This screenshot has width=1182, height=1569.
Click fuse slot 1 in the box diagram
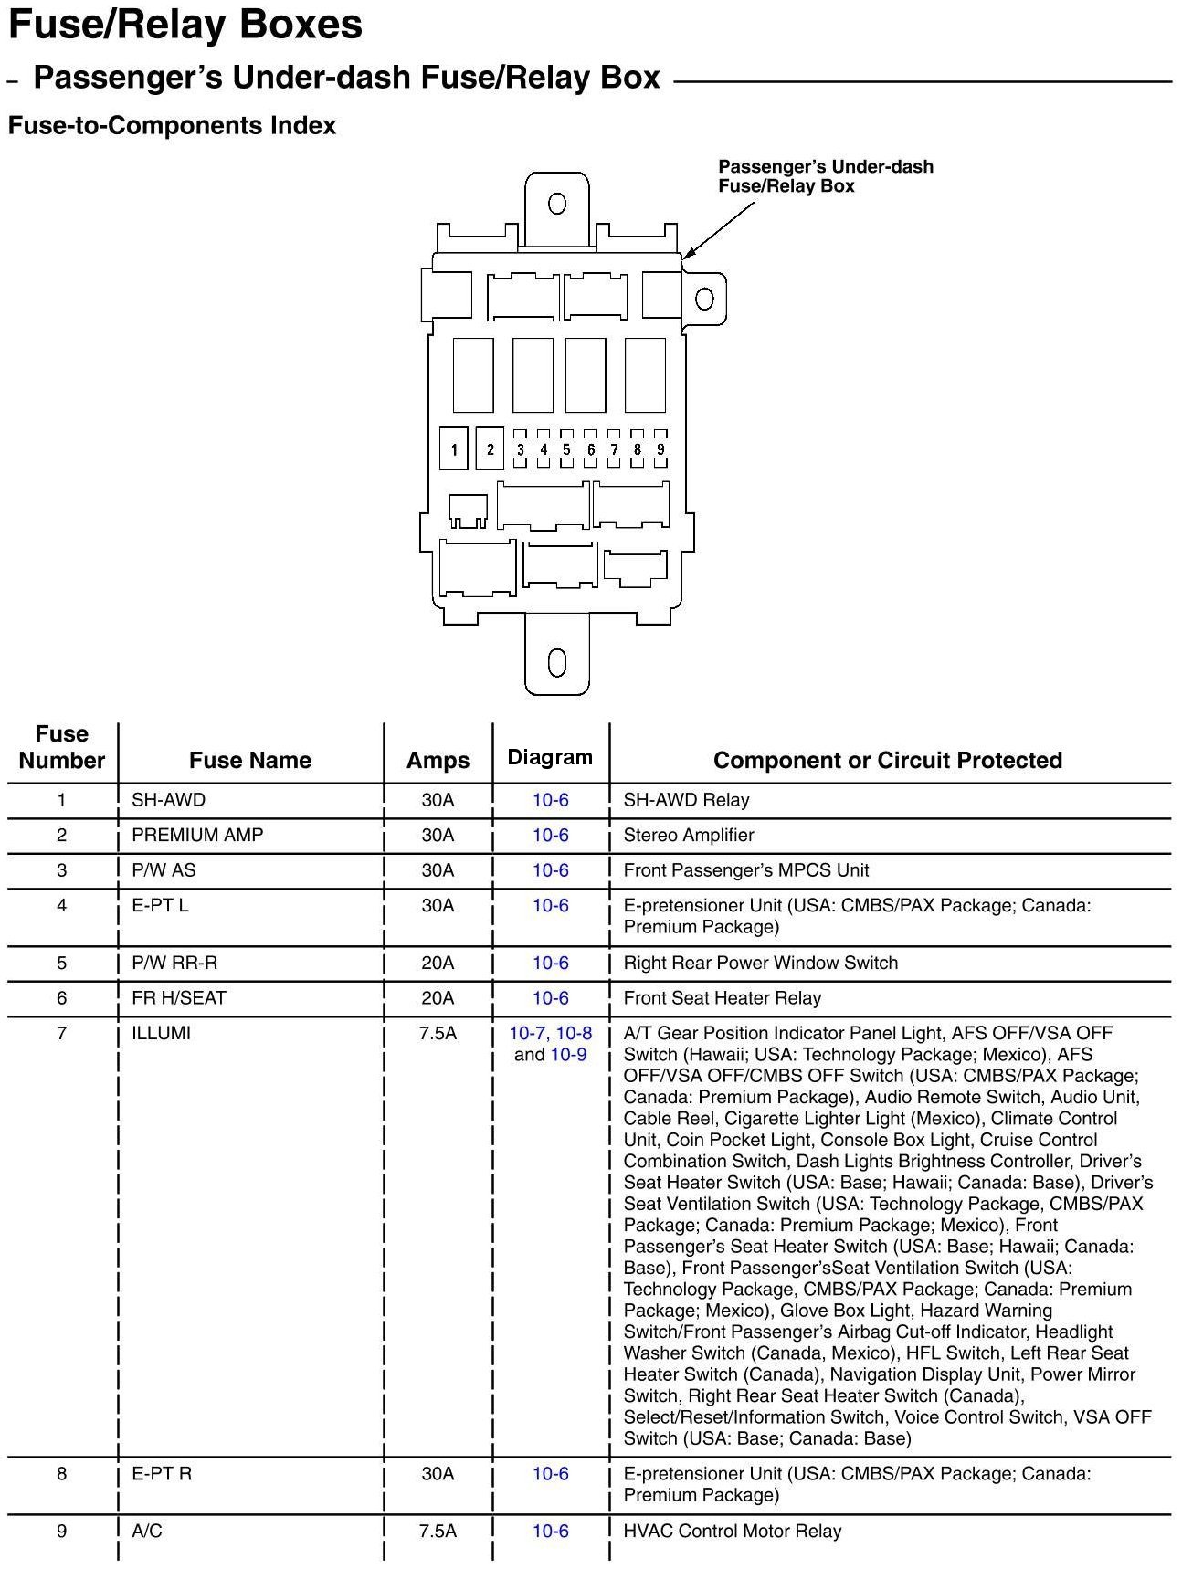click(x=454, y=448)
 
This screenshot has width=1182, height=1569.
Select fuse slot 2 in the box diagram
click(x=491, y=448)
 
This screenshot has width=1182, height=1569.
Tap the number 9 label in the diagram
click(x=660, y=449)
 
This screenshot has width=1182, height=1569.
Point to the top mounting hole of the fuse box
click(x=557, y=204)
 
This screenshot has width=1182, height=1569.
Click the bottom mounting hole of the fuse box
click(x=557, y=662)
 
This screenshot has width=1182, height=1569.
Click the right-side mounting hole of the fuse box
click(x=704, y=299)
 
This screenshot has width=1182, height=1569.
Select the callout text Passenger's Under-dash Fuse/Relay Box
click(x=825, y=176)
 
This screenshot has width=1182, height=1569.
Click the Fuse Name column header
click(x=250, y=760)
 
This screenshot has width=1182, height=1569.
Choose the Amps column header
click(x=438, y=760)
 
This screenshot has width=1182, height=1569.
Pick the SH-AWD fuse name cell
click(x=169, y=800)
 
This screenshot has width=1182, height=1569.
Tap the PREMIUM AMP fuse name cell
click(x=197, y=835)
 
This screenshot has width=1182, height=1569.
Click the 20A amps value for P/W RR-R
click(x=438, y=963)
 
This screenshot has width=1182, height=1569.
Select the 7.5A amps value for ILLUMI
click(x=438, y=1033)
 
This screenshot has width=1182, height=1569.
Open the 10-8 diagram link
click(x=574, y=1033)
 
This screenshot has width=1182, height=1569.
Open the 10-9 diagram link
click(x=568, y=1055)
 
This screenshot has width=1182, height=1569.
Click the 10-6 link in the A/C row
click(x=551, y=1531)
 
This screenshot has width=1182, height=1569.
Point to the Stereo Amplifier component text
click(x=689, y=835)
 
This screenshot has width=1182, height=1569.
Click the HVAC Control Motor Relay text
click(x=732, y=1531)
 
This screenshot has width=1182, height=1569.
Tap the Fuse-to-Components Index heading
click(x=172, y=126)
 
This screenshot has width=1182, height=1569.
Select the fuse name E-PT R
click(x=162, y=1473)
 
